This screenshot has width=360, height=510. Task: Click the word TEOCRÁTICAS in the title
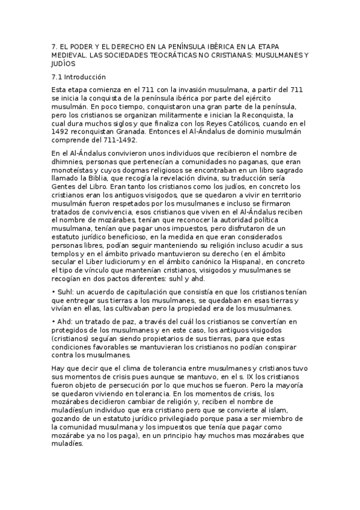click(x=180, y=55)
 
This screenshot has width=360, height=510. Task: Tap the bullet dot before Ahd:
click(x=54, y=322)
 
